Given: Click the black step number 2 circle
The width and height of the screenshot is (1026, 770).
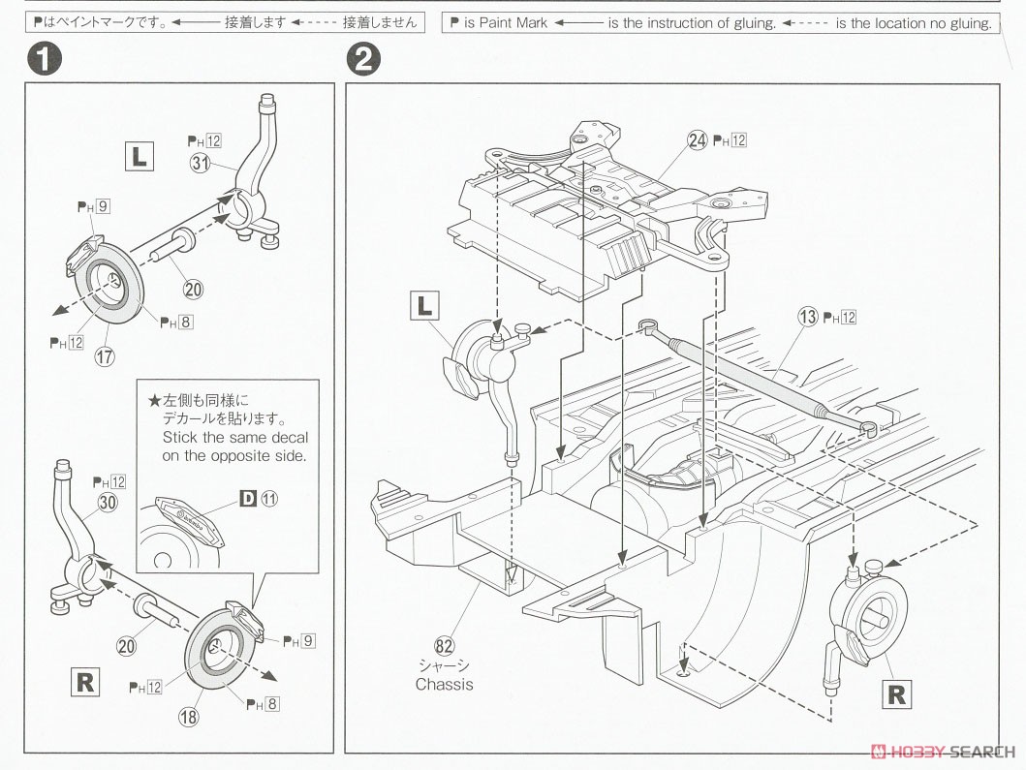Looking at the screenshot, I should [362, 60].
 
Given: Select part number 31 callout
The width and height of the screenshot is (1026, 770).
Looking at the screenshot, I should [201, 164].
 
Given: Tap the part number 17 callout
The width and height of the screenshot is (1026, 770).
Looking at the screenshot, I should [105, 355].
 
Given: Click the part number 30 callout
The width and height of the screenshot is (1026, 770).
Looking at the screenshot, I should [107, 503].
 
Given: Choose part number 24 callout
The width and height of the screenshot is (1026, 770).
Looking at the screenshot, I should [698, 140].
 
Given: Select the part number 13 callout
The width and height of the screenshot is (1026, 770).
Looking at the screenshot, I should [807, 316].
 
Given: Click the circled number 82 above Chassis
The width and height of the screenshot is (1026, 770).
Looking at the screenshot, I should [445, 645].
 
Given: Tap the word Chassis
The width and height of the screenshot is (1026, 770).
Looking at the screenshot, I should [445, 684].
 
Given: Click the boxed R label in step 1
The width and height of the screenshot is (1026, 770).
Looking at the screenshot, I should [85, 682].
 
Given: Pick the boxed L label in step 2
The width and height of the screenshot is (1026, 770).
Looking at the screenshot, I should [424, 307].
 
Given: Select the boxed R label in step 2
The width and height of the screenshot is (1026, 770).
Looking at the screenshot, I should [896, 693].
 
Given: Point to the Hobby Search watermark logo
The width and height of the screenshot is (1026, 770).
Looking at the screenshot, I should [944, 752].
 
